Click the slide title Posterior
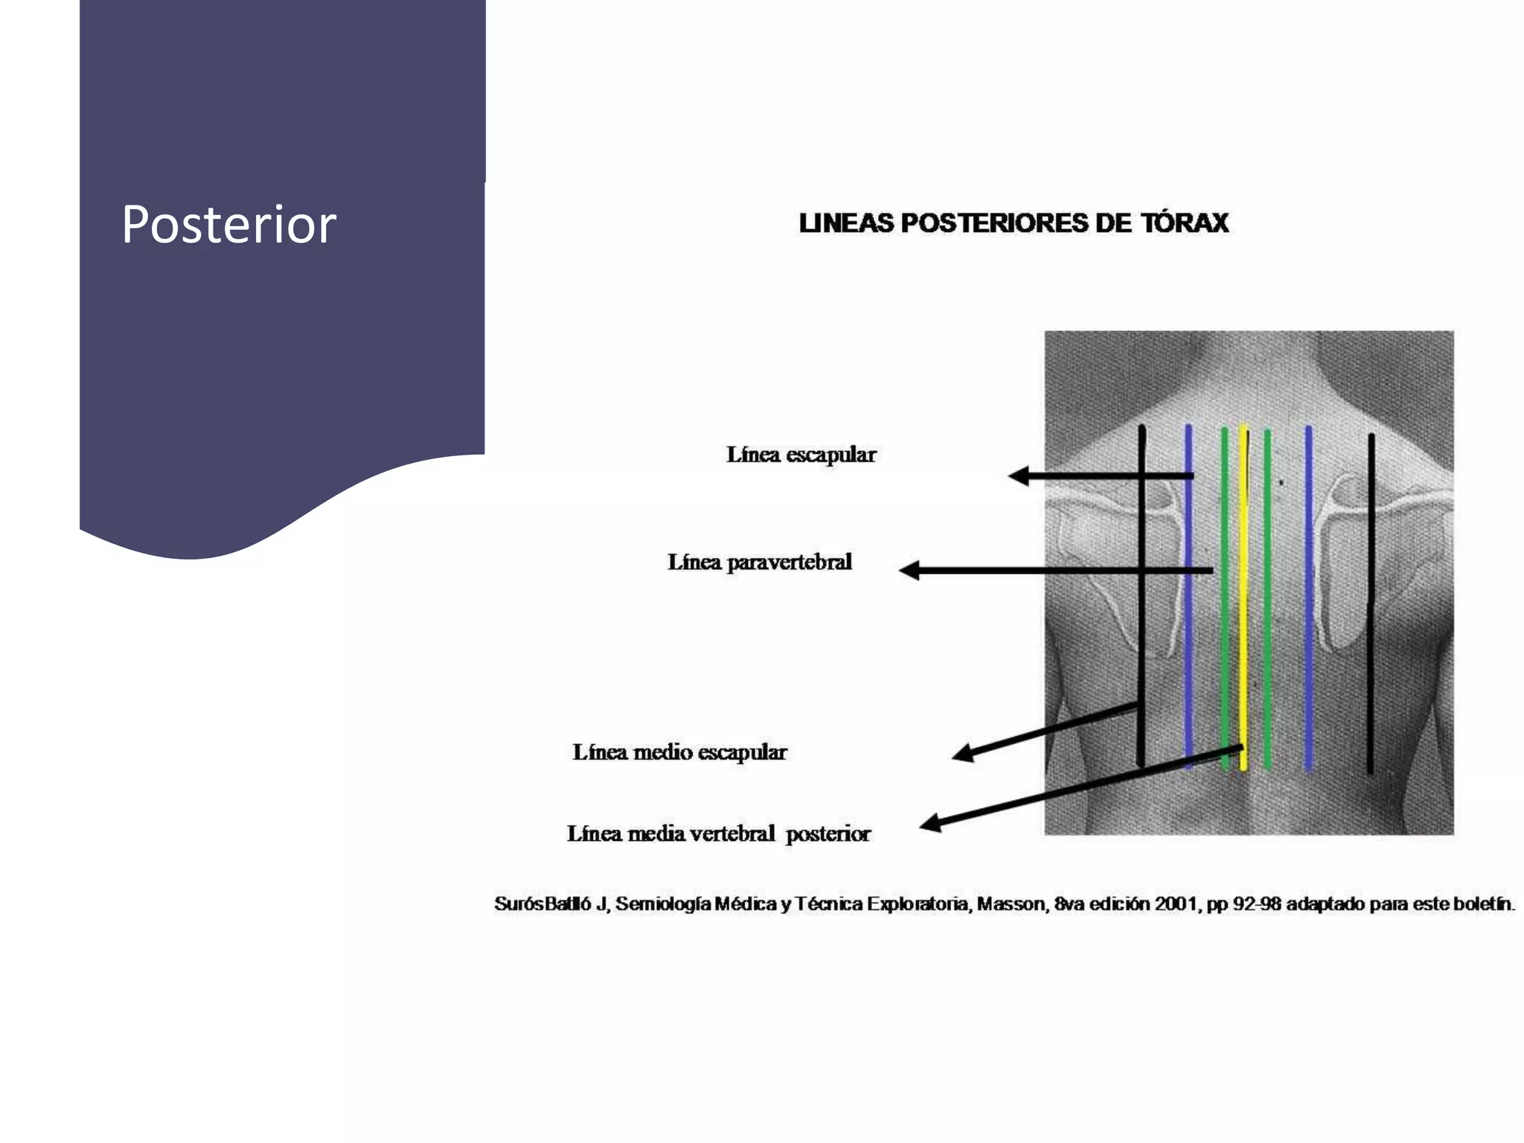click(229, 224)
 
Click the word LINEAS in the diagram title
click(846, 223)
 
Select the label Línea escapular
click(801, 454)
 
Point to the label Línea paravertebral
click(760, 562)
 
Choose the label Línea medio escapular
click(679, 752)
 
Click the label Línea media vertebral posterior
click(719, 833)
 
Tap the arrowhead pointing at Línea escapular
click(1019, 476)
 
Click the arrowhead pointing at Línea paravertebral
click(909, 571)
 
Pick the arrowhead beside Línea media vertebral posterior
click(931, 822)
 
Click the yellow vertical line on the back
click(1243, 597)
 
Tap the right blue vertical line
click(1309, 597)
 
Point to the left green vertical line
click(1224, 598)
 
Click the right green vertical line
click(1267, 599)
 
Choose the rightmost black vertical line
click(1371, 603)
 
